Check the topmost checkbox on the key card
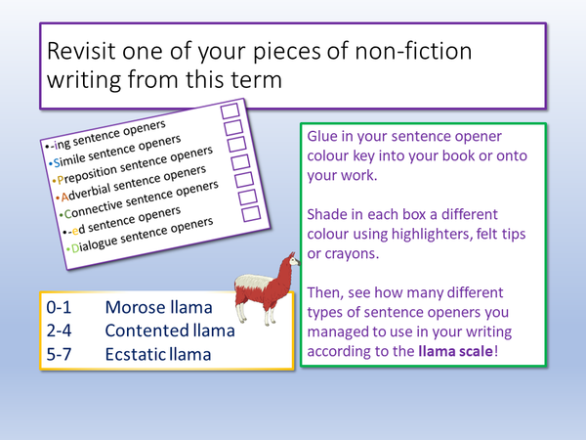tap(231, 111)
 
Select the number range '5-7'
tap(62, 353)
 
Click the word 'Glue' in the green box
tap(327, 138)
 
